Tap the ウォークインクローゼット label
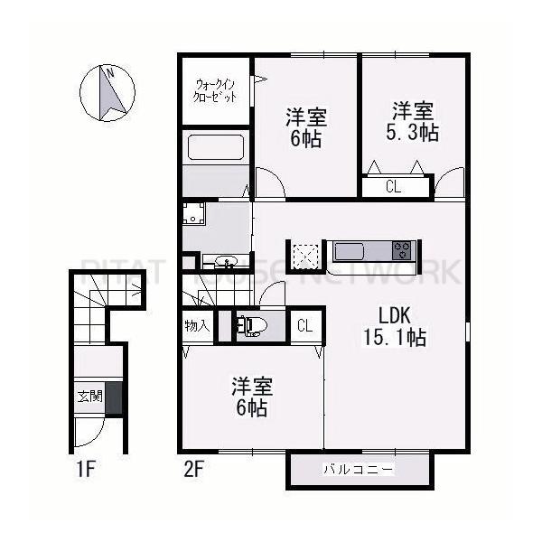point(216,90)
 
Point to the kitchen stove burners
point(401,248)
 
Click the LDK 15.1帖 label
point(396,326)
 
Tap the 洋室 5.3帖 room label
point(412,122)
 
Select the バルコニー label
point(359,470)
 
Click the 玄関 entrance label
point(89,396)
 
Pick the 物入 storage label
point(196,326)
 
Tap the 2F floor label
point(193,470)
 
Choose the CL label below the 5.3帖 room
point(393,187)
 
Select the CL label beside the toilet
point(304,325)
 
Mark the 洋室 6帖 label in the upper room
point(306,127)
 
